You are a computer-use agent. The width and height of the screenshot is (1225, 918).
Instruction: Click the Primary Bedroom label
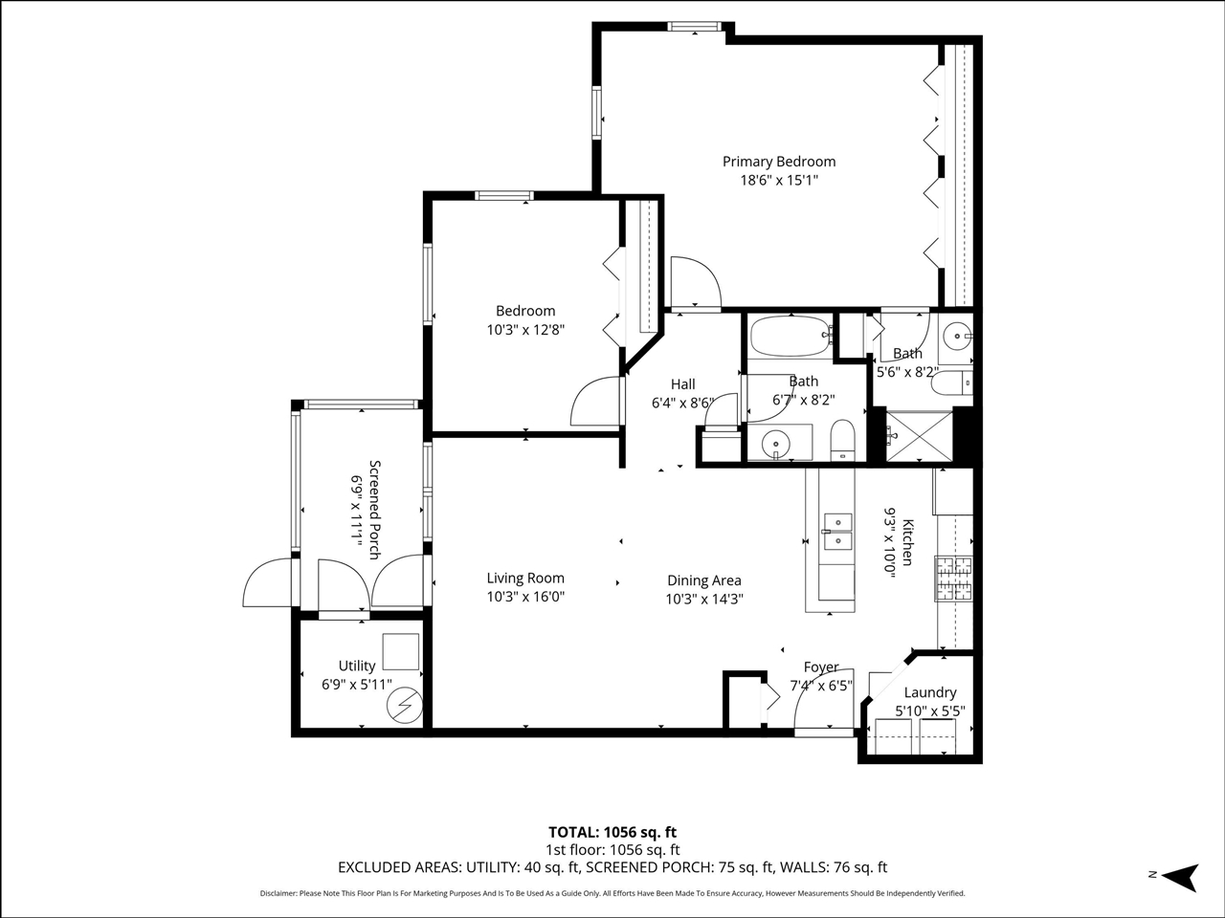pyautogui.click(x=778, y=162)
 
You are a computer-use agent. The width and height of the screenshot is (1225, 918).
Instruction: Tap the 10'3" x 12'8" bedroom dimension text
pyautogui.click(x=525, y=330)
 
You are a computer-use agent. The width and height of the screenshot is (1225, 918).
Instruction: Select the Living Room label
pyautogui.click(x=525, y=578)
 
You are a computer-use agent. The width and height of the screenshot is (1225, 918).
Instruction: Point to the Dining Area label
pyautogui.click(x=703, y=580)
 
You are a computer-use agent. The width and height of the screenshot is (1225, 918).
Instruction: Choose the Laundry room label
pyautogui.click(x=929, y=692)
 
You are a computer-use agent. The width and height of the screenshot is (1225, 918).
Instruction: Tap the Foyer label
pyautogui.click(x=821, y=667)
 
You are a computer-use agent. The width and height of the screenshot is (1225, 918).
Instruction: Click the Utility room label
pyautogui.click(x=357, y=666)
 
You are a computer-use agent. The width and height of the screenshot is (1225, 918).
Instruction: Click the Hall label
pyautogui.click(x=682, y=384)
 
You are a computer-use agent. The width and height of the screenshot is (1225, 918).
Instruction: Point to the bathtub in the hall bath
pyautogui.click(x=789, y=336)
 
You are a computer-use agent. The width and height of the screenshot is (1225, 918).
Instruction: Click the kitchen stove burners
pyautogui.click(x=953, y=578)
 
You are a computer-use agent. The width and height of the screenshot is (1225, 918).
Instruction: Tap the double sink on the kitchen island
pyautogui.click(x=838, y=532)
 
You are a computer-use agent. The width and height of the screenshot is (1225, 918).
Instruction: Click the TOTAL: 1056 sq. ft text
pyautogui.click(x=612, y=832)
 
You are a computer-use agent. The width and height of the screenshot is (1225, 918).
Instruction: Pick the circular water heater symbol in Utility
pyautogui.click(x=402, y=706)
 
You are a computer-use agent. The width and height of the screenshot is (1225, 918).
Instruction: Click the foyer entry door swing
pyautogui.click(x=812, y=708)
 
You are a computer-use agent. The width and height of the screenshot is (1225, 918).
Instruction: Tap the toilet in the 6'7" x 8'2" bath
pyautogui.click(x=841, y=441)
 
